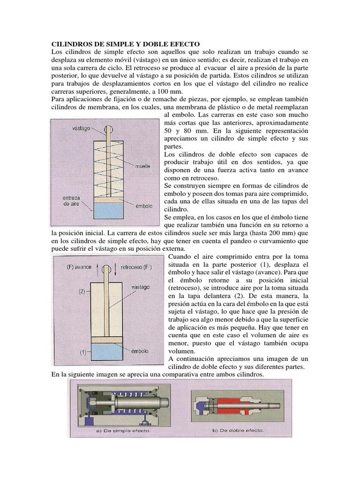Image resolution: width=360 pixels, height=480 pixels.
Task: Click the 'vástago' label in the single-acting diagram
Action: click(x=82, y=127)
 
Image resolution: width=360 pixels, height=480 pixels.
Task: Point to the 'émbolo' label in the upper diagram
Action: click(x=144, y=205)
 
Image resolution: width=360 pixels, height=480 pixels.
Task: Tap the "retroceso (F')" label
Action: click(x=137, y=267)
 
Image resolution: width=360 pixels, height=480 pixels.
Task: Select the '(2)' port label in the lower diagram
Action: click(x=82, y=291)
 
